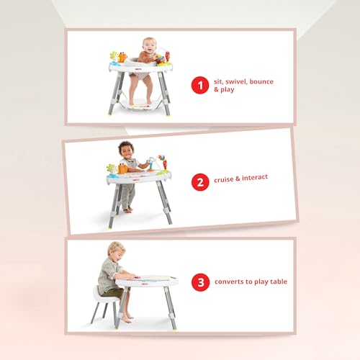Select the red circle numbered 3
tap(199, 282)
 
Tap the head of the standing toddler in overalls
tap(127, 150)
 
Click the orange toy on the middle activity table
tap(123, 168)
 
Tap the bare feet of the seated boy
tap(127, 318)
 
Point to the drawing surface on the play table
tap(153, 276)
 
